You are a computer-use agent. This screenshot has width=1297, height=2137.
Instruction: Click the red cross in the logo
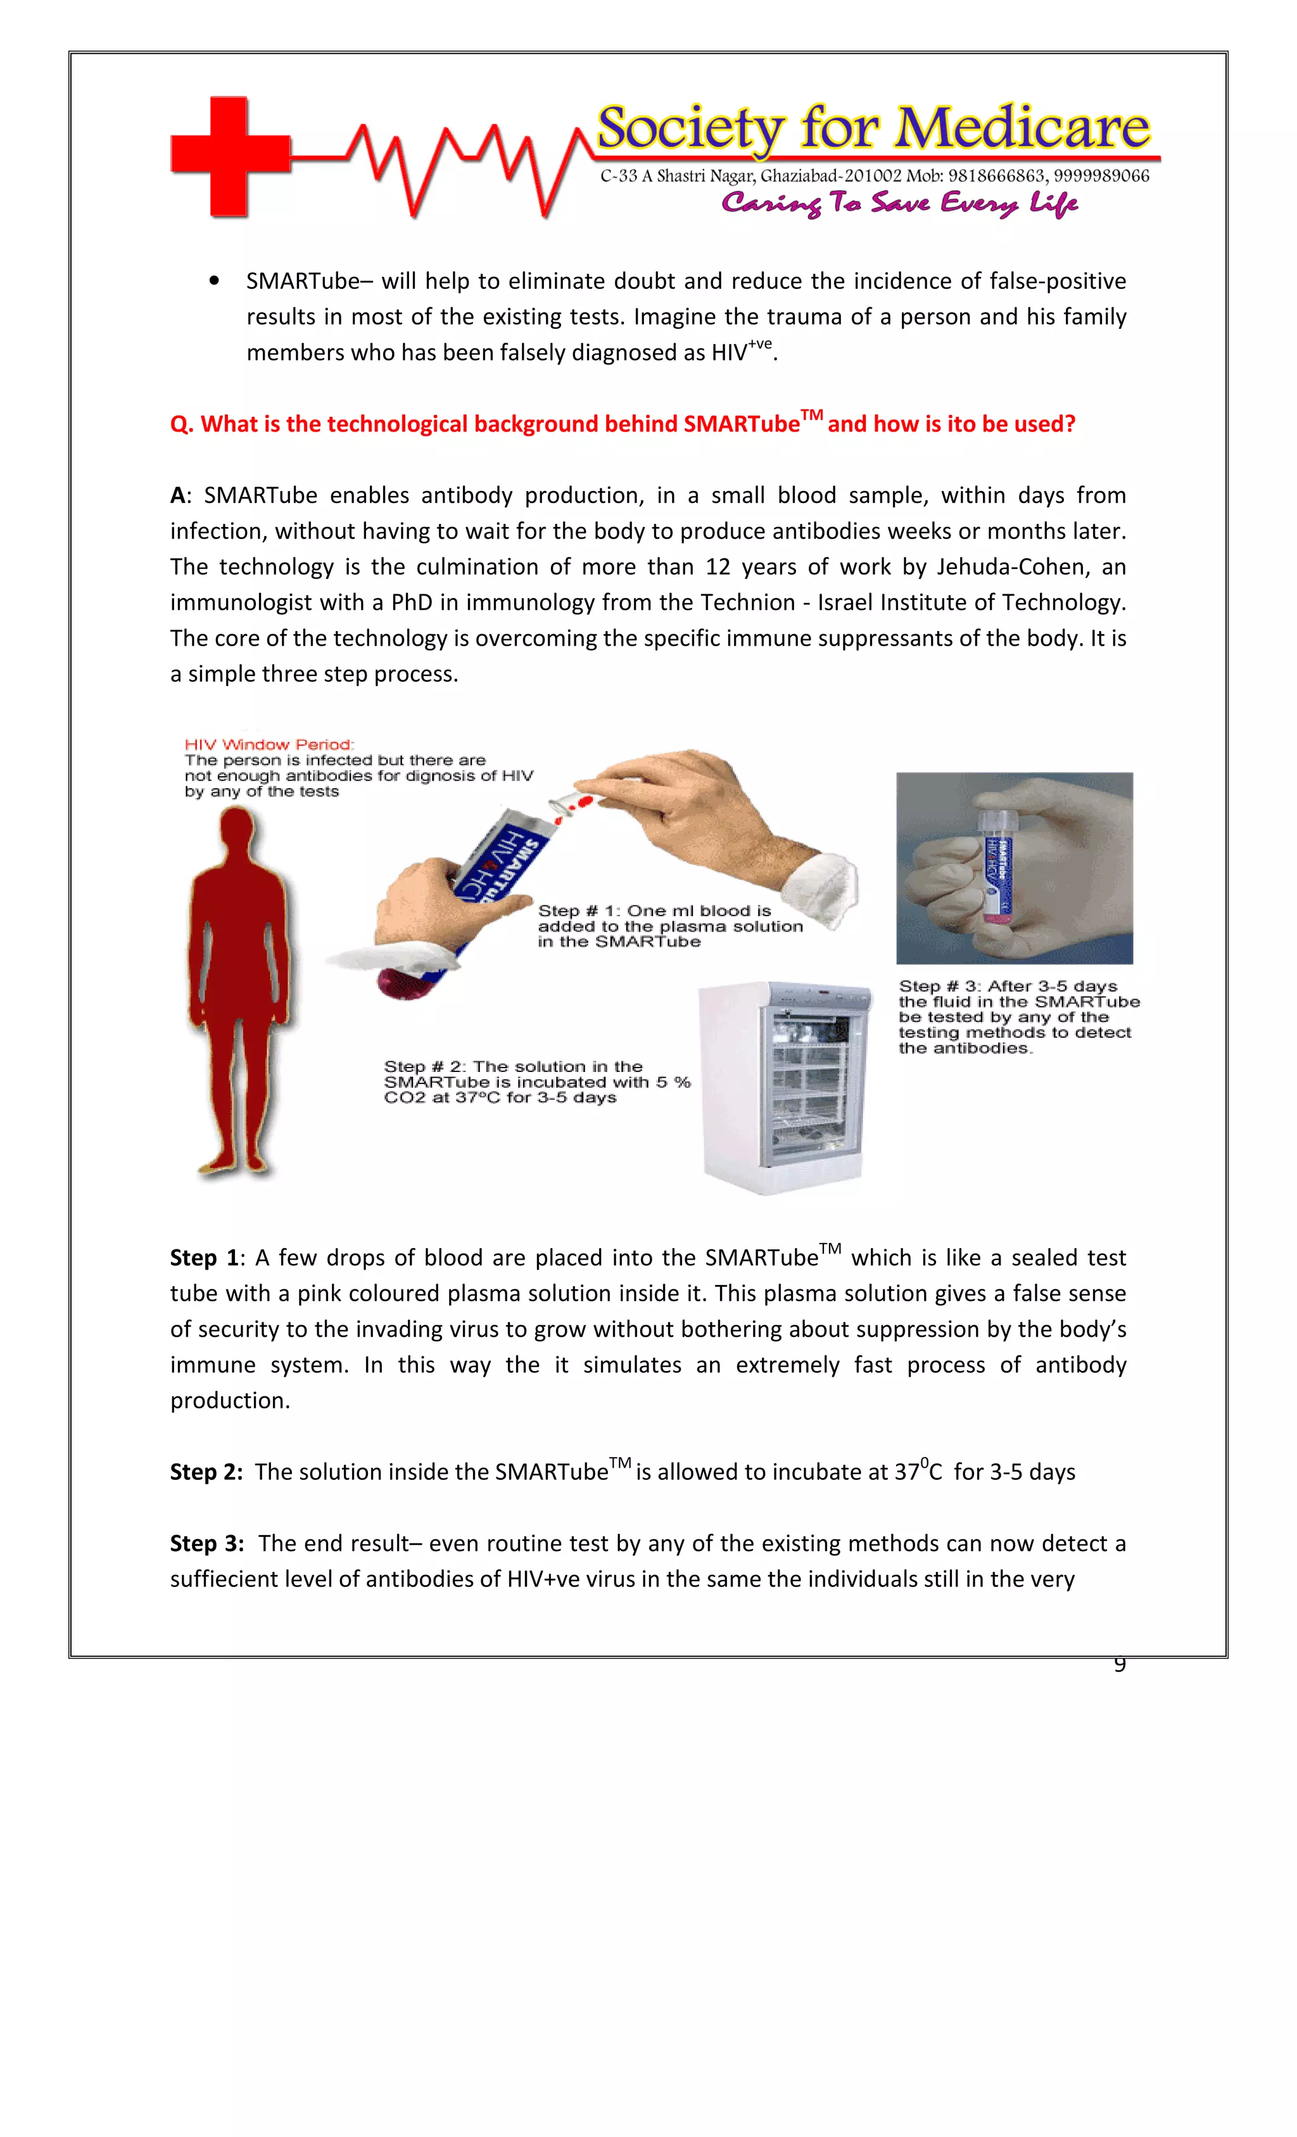pos(229,155)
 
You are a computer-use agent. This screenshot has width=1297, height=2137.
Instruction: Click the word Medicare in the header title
pos(1022,129)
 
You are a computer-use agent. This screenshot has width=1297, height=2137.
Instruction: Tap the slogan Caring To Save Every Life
pos(899,204)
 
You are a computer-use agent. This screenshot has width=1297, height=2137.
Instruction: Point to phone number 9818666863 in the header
pos(996,176)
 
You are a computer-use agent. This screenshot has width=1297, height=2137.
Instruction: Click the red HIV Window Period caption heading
pos(269,745)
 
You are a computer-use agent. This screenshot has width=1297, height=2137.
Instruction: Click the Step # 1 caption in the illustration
pos(669,926)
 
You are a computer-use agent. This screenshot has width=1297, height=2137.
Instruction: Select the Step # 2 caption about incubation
pos(536,1082)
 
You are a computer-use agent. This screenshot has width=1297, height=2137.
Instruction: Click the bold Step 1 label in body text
pos(205,1258)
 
